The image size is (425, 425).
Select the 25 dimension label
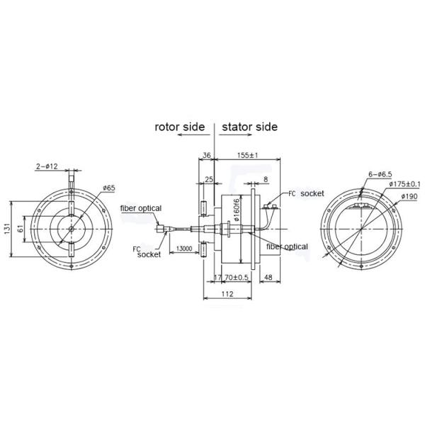(x=208, y=181)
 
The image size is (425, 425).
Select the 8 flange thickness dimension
(x=265, y=181)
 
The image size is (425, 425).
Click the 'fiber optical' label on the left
(x=141, y=208)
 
